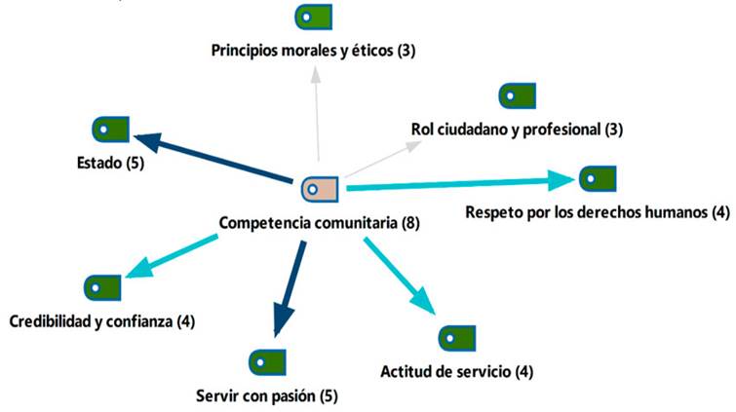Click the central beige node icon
click(319, 187)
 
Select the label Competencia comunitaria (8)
click(319, 222)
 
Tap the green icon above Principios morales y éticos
click(314, 17)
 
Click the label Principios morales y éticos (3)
click(314, 50)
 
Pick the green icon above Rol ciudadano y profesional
click(517, 95)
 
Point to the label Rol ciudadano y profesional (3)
click(517, 129)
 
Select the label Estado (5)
click(108, 163)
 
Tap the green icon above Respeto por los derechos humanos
click(597, 179)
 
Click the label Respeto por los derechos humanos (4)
click(598, 212)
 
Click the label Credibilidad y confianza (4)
click(101, 320)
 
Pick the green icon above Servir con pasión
click(266, 360)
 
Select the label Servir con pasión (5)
click(266, 395)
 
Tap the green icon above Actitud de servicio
click(455, 338)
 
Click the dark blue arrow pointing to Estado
click(214, 158)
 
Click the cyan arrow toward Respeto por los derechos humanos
click(458, 182)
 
